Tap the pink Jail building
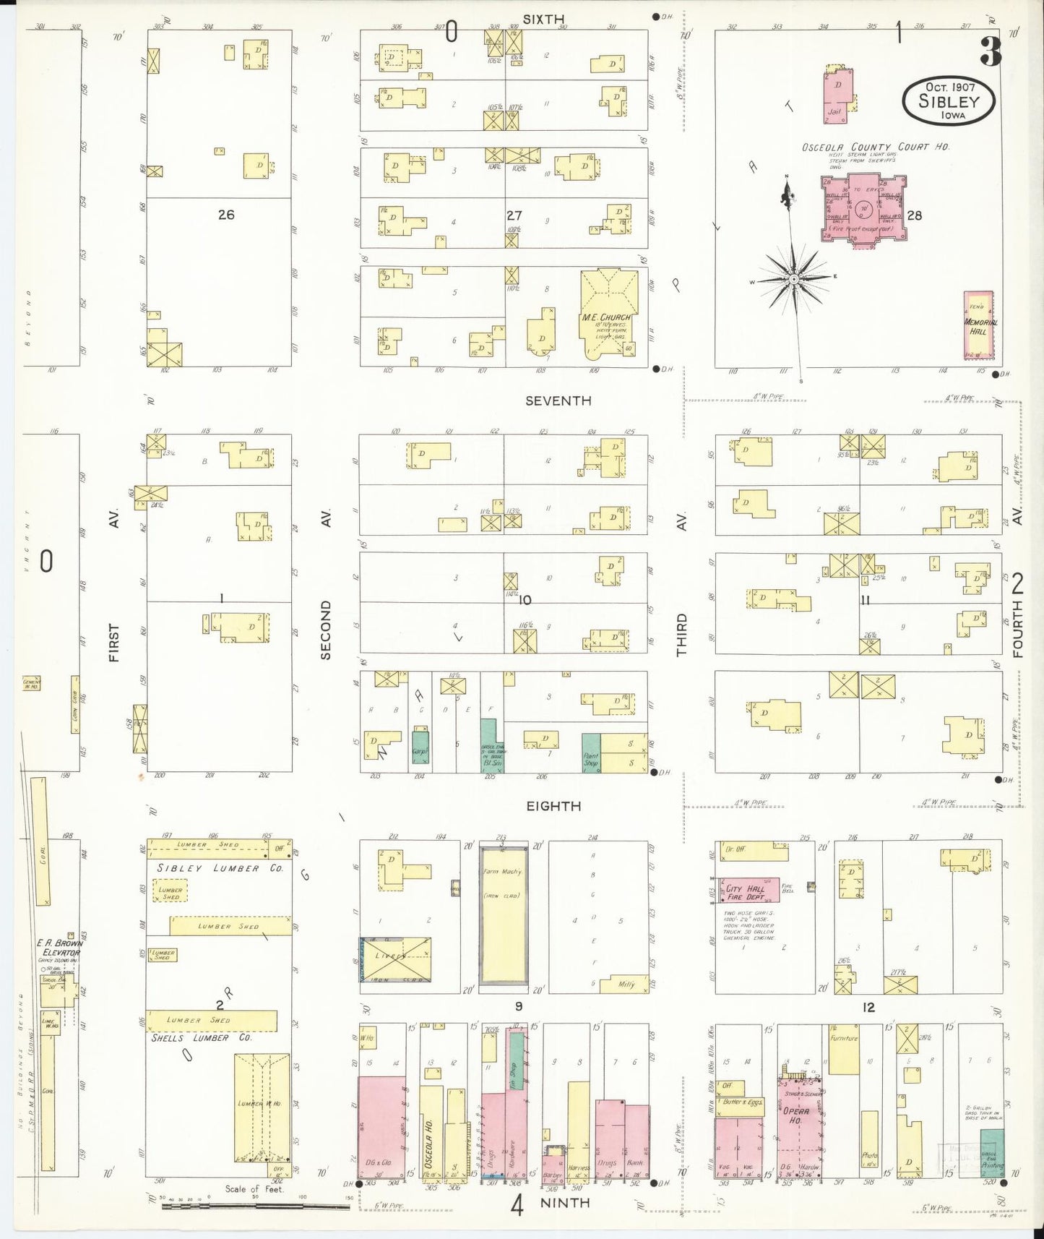tap(838, 94)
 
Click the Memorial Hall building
tap(979, 325)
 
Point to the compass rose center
tap(794, 278)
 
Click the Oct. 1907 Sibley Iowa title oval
tap(949, 101)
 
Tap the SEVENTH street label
tap(558, 400)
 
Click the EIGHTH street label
tap(553, 806)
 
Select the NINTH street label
tap(564, 1203)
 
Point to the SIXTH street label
tap(543, 20)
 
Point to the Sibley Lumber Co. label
tap(217, 868)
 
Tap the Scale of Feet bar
tap(254, 1206)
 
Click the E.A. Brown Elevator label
tap(59, 948)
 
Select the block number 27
tap(514, 215)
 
